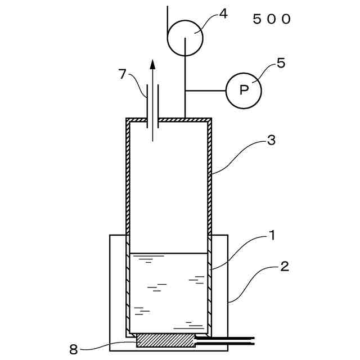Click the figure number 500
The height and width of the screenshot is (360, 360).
pos(272,19)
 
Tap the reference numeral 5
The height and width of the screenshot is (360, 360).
pos(281,63)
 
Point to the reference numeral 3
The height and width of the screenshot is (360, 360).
pos(271,141)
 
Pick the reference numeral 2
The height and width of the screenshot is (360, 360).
pos(285,266)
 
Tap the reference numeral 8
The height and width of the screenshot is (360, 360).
pos(73,349)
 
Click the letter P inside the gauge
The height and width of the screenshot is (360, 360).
pos(244,90)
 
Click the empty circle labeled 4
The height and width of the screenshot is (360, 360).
pos(186,38)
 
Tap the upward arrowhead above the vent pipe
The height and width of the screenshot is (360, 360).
pos(152,62)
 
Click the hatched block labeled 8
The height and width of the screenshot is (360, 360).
pos(165,340)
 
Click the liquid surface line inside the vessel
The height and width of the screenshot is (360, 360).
pos(169,253)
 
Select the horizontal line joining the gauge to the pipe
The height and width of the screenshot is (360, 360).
pos(205,90)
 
